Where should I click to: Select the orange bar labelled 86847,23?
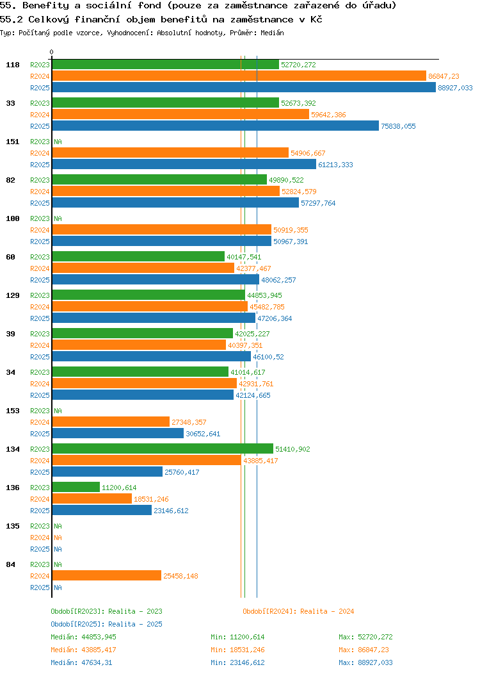[x=239, y=76]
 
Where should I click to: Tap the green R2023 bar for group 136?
[x=76, y=488]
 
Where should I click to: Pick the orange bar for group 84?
[x=106, y=576]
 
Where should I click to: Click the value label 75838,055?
[x=398, y=126]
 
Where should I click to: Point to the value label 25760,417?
[x=182, y=472]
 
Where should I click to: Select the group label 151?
[x=12, y=142]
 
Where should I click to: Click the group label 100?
[x=12, y=218]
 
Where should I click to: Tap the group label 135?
[x=12, y=526]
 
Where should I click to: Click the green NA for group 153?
[x=58, y=411]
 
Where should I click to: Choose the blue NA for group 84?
[x=58, y=588]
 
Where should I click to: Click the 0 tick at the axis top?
[x=52, y=53]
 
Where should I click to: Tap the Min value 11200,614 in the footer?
[x=247, y=637]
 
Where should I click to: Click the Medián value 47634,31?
[x=93, y=662]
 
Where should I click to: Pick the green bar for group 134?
[x=163, y=449]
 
